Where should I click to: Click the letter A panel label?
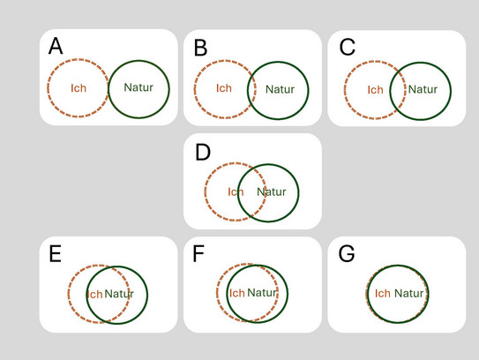56,46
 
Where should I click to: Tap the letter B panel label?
201,48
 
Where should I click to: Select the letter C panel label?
348,47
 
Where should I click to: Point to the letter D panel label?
203,152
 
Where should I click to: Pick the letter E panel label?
56,253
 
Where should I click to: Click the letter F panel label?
198,253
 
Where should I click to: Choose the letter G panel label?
347,253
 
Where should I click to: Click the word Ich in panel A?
79,88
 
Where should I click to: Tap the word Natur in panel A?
138,87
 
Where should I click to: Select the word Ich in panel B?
224,88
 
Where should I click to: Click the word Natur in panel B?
281,89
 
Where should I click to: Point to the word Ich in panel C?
375,90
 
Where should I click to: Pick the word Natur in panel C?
423,89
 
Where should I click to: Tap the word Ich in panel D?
236,192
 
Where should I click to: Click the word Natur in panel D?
272,192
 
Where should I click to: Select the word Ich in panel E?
95,295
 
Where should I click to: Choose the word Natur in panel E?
119,294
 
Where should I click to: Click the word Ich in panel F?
237,293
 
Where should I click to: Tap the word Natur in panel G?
408,293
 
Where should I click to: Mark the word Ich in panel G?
383,293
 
